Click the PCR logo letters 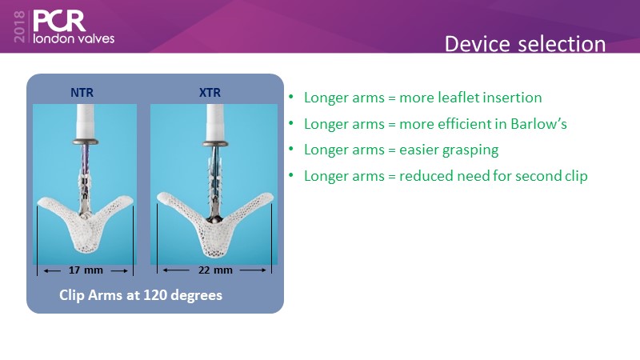pyautogui.click(x=59, y=21)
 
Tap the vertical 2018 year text pyautogui.click(x=19, y=27)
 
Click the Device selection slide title pyautogui.click(x=525, y=44)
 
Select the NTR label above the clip pyautogui.click(x=82, y=93)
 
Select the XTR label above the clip pyautogui.click(x=210, y=93)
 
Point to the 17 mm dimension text pyautogui.click(x=86, y=270)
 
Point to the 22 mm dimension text pyautogui.click(x=215, y=270)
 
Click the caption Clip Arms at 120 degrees pyautogui.click(x=141, y=295)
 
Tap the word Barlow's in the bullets pyautogui.click(x=538, y=124)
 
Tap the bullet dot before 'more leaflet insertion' pyautogui.click(x=291, y=97)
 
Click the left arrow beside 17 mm pyautogui.click(x=52, y=270)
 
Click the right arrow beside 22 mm pyautogui.click(x=253, y=270)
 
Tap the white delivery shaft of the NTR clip pyautogui.click(x=85, y=122)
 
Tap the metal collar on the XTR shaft pyautogui.click(x=215, y=143)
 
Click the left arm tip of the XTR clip pyautogui.click(x=161, y=197)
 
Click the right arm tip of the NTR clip pyautogui.click(x=129, y=200)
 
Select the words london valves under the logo pyautogui.click(x=74, y=38)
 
